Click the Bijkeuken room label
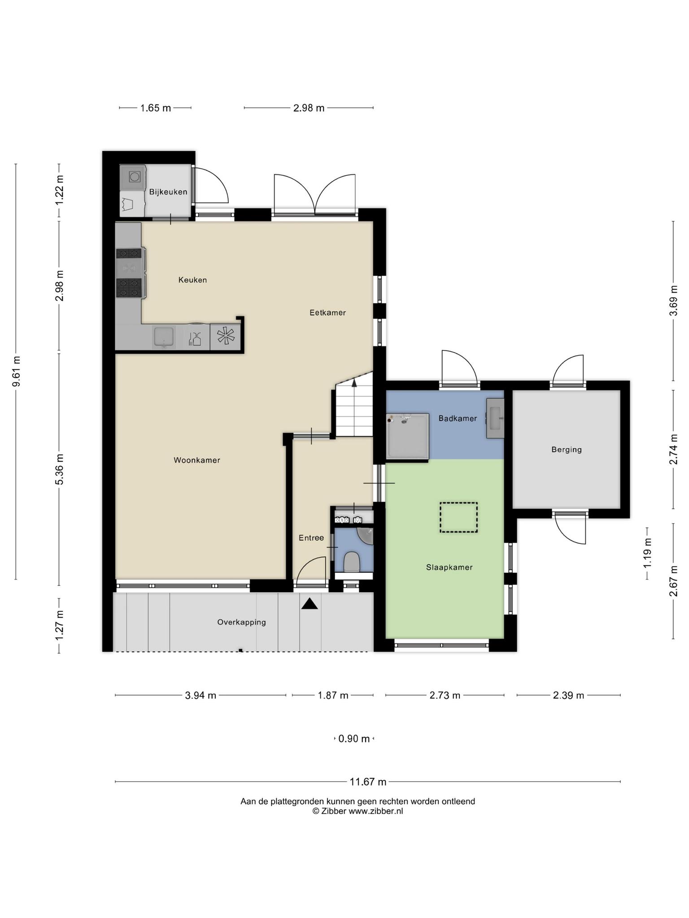tap(168, 192)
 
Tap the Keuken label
tap(192, 280)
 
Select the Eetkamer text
tap(327, 313)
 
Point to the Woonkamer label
tap(197, 460)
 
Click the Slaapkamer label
tap(449, 567)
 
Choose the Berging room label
tap(567, 450)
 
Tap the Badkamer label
tap(458, 419)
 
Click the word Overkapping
tap(241, 622)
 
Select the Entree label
tap(311, 538)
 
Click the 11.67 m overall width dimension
tap(368, 782)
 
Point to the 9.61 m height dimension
tap(16, 371)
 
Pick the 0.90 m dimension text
tap(354, 739)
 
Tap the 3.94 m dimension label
tap(201, 695)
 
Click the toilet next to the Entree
tap(352, 562)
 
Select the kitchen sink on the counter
tap(164, 338)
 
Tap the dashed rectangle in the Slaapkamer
tap(458, 517)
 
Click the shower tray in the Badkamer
tap(408, 436)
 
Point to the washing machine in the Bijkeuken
tap(134, 177)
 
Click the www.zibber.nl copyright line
tap(358, 811)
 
